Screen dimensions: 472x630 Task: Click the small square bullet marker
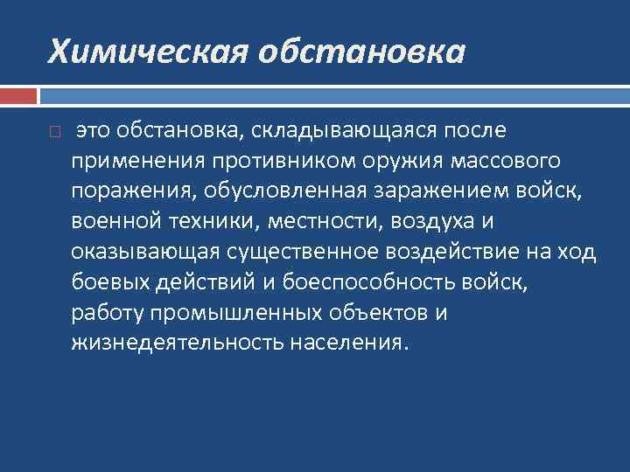pyautogui.click(x=54, y=133)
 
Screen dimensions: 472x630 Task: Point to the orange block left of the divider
pyautogui.click(x=18, y=94)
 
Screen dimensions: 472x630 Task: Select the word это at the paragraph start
pyautogui.click(x=94, y=131)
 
